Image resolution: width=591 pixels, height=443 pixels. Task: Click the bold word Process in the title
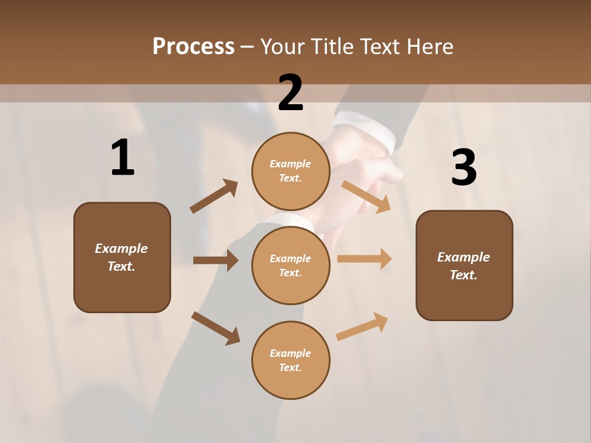point(193,47)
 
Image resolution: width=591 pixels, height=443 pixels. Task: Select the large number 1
point(123,158)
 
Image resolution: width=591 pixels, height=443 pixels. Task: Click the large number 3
point(464,167)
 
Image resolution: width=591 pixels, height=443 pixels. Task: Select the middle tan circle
point(291,265)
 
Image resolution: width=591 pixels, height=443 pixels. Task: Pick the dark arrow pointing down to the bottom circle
point(216,328)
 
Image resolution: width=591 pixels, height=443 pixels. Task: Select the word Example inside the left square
point(121,249)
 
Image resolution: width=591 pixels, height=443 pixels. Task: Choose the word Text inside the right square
point(462,275)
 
